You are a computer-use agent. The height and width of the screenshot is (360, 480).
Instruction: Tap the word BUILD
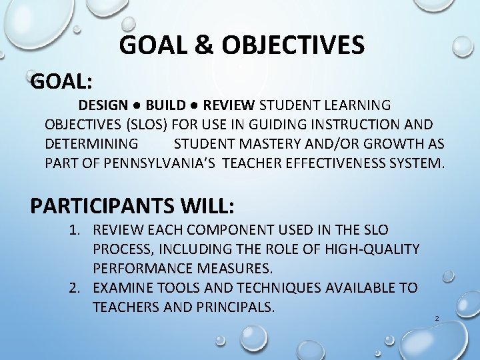(167, 105)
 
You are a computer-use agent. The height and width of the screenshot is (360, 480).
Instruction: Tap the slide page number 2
(436, 318)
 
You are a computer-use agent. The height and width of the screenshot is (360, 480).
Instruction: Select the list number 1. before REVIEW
(79, 230)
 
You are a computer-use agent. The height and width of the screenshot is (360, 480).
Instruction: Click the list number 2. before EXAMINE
(79, 288)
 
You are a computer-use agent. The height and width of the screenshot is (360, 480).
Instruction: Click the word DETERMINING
(91, 143)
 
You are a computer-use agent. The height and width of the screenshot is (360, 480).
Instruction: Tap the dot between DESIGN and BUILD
(135, 106)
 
